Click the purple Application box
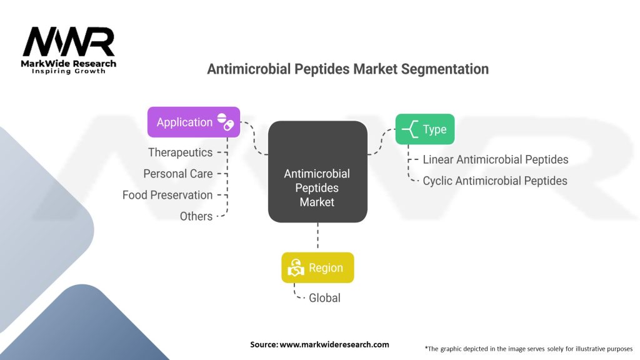click(x=193, y=122)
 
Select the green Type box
click(x=425, y=129)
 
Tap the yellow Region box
click(x=317, y=267)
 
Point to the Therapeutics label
click(x=180, y=152)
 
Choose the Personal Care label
click(x=177, y=174)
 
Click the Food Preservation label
click(x=167, y=195)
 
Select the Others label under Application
click(x=196, y=216)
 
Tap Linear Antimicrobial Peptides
click(x=495, y=159)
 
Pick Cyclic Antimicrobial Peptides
click(x=495, y=181)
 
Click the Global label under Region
click(x=324, y=298)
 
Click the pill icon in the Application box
click(x=225, y=121)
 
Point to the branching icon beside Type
click(x=410, y=129)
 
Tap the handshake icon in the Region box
click(x=296, y=268)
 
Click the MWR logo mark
click(x=69, y=42)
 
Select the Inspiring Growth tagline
click(x=69, y=71)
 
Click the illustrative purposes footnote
click(x=528, y=348)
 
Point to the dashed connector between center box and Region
click(x=317, y=237)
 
